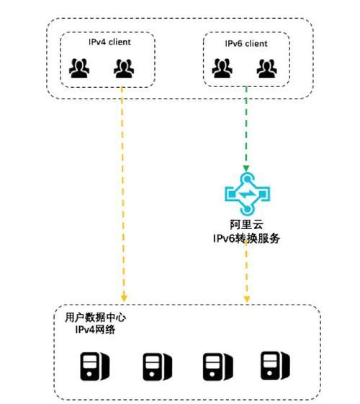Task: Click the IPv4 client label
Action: pyautogui.click(x=109, y=42)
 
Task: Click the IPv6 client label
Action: pyautogui.click(x=246, y=43)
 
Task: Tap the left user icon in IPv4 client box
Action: pyautogui.click(x=79, y=68)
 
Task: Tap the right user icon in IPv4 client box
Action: pyautogui.click(x=124, y=68)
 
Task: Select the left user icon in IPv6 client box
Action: pyautogui.click(x=222, y=68)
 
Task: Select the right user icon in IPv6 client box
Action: pyautogui.click(x=267, y=68)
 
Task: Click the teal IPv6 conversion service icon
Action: pyautogui.click(x=247, y=194)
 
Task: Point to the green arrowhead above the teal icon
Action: pyautogui.click(x=246, y=169)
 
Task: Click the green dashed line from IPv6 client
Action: pyautogui.click(x=246, y=126)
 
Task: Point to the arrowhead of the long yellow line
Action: pyautogui.click(x=124, y=298)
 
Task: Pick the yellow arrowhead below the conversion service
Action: pyautogui.click(x=247, y=299)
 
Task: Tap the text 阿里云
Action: pyautogui.click(x=247, y=225)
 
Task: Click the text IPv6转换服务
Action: pyautogui.click(x=246, y=238)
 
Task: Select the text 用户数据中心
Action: pyautogui.click(x=95, y=318)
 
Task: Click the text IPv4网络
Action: pyautogui.click(x=95, y=329)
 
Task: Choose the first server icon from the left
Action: pyautogui.click(x=95, y=367)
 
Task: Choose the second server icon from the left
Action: pyautogui.click(x=158, y=367)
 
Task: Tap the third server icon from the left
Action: pyautogui.click(x=218, y=367)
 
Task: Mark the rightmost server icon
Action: pyautogui.click(x=275, y=366)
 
